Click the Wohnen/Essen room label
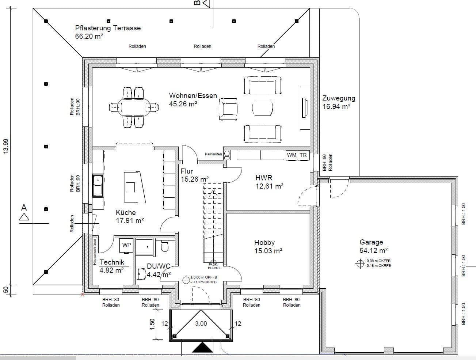[193, 96]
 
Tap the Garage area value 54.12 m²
[373, 250]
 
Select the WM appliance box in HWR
[292, 155]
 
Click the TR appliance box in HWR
[303, 155]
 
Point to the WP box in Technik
[126, 245]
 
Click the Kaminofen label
[213, 154]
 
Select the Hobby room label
[264, 242]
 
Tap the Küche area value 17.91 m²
[130, 220]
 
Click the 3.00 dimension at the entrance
[201, 323]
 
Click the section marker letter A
[24, 208]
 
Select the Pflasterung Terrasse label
[108, 28]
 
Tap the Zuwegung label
[339, 98]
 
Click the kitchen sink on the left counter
[98, 181]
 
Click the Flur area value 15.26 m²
[195, 179]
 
